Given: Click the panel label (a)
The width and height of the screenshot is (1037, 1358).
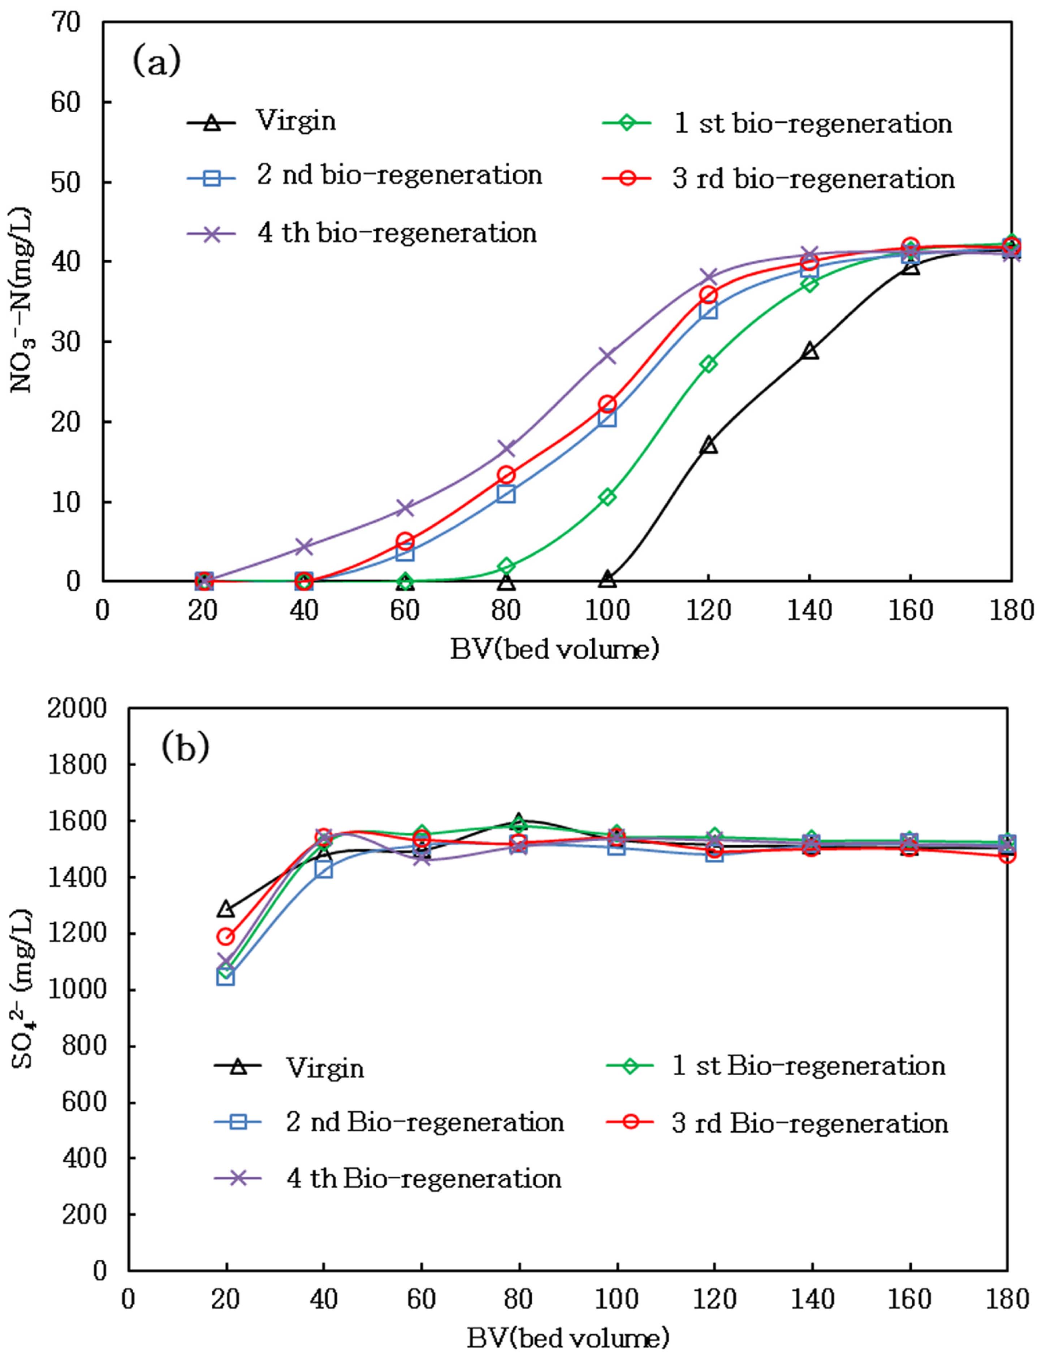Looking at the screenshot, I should (x=157, y=62).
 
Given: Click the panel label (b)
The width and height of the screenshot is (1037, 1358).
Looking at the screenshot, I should (x=185, y=747).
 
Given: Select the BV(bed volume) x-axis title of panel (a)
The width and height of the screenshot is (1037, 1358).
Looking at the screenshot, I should (x=554, y=650).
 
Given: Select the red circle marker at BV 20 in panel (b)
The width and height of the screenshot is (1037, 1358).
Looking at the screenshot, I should (x=226, y=937).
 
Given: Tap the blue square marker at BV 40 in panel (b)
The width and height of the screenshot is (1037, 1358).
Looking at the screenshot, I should (x=323, y=870).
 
